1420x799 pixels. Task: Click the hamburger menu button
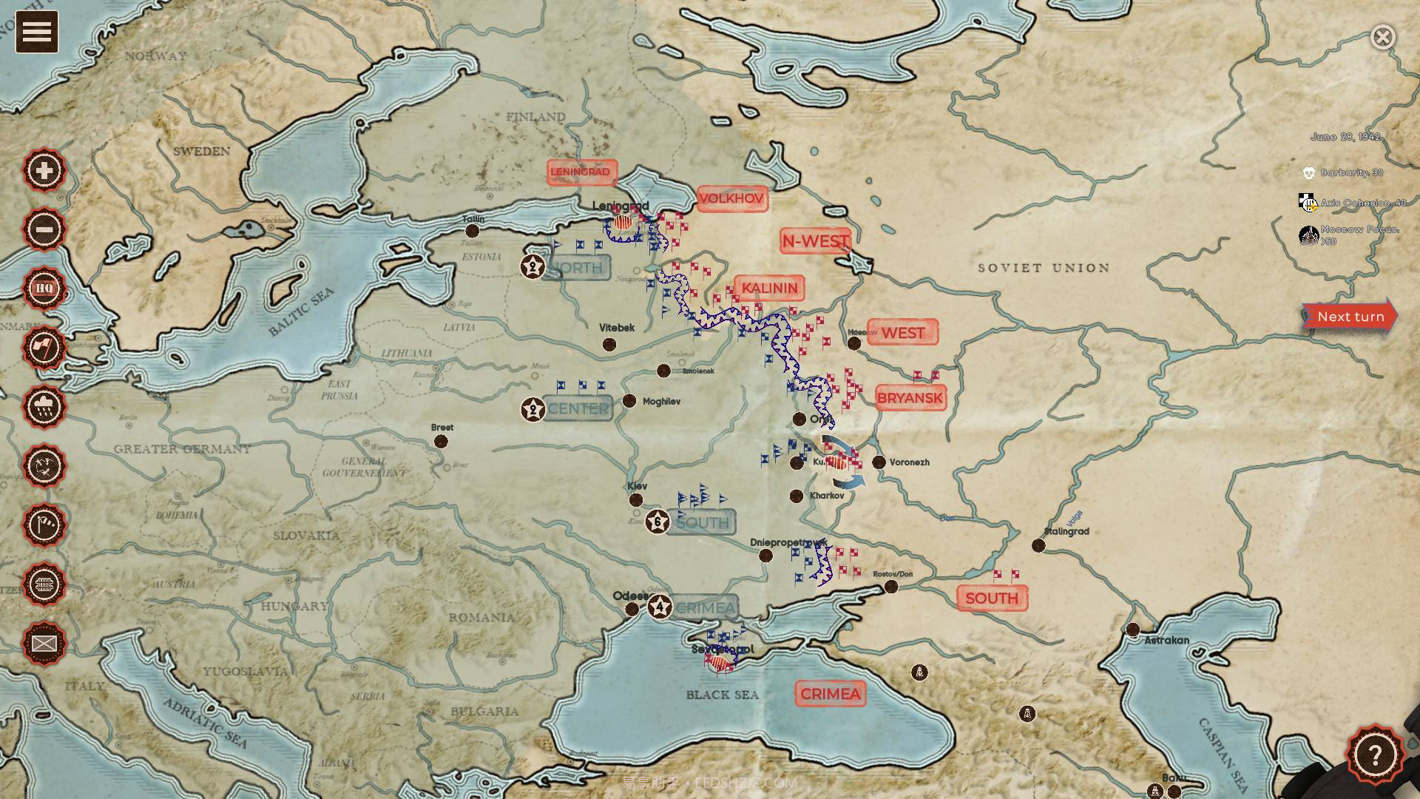pyautogui.click(x=37, y=32)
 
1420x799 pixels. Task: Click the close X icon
pyautogui.click(x=1382, y=37)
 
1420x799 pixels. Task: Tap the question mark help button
pyautogui.click(x=1374, y=755)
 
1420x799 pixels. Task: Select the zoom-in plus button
pyautogui.click(x=44, y=170)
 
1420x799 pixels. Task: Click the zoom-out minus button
pyautogui.click(x=44, y=229)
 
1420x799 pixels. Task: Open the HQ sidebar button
pyautogui.click(x=44, y=289)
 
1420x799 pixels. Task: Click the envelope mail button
pyautogui.click(x=44, y=644)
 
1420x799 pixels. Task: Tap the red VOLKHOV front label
pyautogui.click(x=731, y=198)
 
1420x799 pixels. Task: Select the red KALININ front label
pyautogui.click(x=769, y=288)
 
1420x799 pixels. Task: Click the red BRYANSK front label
pyautogui.click(x=910, y=398)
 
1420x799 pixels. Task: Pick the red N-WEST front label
pyautogui.click(x=815, y=241)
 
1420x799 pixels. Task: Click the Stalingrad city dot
pyautogui.click(x=1038, y=545)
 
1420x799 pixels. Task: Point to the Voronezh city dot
pyautogui.click(x=879, y=462)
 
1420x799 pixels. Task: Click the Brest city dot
pyautogui.click(x=441, y=442)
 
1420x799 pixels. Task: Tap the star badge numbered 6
pyautogui.click(x=657, y=522)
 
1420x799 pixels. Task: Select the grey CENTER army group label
pyautogui.click(x=578, y=408)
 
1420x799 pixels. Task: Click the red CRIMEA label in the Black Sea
pyautogui.click(x=830, y=694)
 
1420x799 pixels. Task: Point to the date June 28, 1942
pyautogui.click(x=1345, y=137)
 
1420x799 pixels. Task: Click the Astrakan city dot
pyautogui.click(x=1133, y=630)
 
